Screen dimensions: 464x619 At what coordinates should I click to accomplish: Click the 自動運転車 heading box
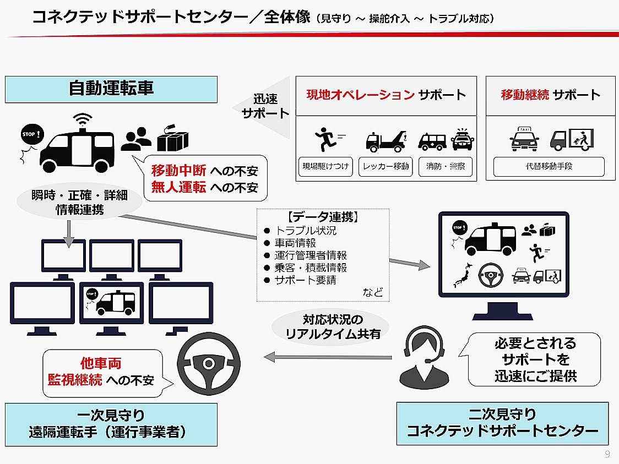111,89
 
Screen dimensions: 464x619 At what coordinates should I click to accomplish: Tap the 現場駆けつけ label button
325,166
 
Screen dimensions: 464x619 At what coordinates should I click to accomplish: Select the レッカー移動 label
386,166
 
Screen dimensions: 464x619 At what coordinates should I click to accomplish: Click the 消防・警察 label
446,166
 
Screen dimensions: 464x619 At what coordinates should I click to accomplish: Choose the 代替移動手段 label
549,166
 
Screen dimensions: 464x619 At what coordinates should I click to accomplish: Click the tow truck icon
386,141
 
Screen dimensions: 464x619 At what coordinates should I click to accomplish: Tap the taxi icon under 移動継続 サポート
524,139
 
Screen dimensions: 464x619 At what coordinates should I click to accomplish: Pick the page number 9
607,454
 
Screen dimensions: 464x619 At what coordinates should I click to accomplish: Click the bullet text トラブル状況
306,231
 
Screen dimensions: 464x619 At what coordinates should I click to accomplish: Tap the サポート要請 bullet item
305,280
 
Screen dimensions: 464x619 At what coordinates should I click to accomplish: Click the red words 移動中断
178,171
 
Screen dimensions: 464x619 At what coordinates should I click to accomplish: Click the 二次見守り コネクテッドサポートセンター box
502,423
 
